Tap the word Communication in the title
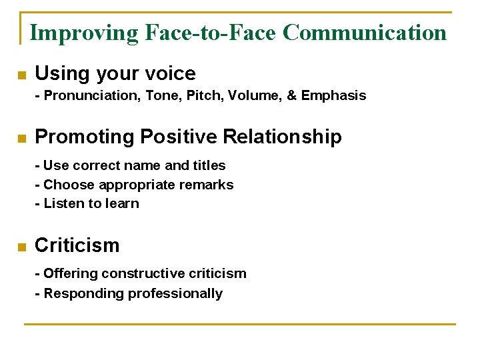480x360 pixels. point(364,32)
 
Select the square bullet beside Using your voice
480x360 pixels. point(21,75)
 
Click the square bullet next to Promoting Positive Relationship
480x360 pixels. point(21,139)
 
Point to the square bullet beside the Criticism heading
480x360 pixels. point(21,247)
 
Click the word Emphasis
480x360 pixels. point(333,95)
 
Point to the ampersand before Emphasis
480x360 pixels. point(291,95)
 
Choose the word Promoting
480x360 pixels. point(84,137)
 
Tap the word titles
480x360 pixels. point(209,165)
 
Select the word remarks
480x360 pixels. point(208,185)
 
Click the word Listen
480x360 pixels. point(63,203)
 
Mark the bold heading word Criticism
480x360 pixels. point(77,245)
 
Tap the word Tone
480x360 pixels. point(161,95)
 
